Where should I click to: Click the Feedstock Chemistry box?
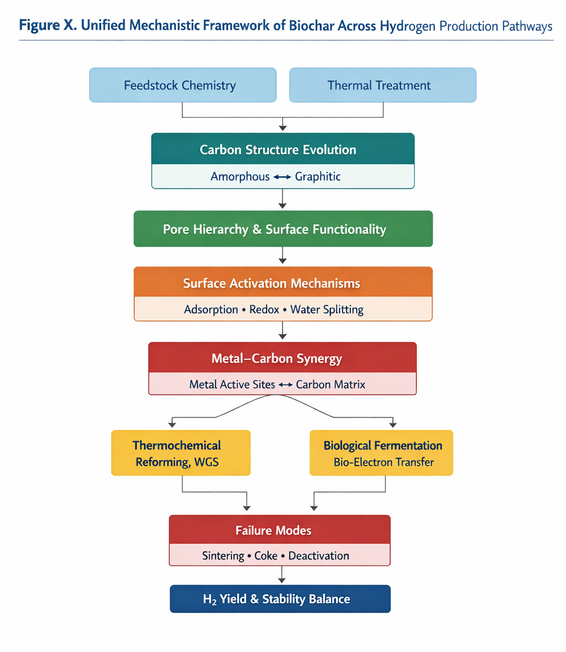[x=182, y=85]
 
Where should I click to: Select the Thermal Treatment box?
[x=382, y=85]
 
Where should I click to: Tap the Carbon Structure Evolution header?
[x=282, y=149]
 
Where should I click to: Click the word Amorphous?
[x=240, y=177]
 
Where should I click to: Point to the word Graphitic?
[x=317, y=177]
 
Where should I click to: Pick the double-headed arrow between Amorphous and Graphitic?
[x=282, y=177]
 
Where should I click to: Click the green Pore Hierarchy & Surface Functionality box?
[x=282, y=229]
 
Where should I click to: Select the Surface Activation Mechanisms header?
[x=282, y=283]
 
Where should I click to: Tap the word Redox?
[x=264, y=309]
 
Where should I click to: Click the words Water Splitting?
[x=327, y=309]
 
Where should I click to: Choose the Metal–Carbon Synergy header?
[x=282, y=358]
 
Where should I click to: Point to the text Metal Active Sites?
[x=232, y=385]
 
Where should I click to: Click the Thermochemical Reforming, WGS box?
[x=181, y=453]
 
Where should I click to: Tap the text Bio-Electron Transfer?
[x=384, y=462]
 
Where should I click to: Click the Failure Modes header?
[x=280, y=530]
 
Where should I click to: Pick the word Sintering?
[x=223, y=556]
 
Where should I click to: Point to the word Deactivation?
[x=318, y=556]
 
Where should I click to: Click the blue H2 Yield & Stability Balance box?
[x=280, y=599]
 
